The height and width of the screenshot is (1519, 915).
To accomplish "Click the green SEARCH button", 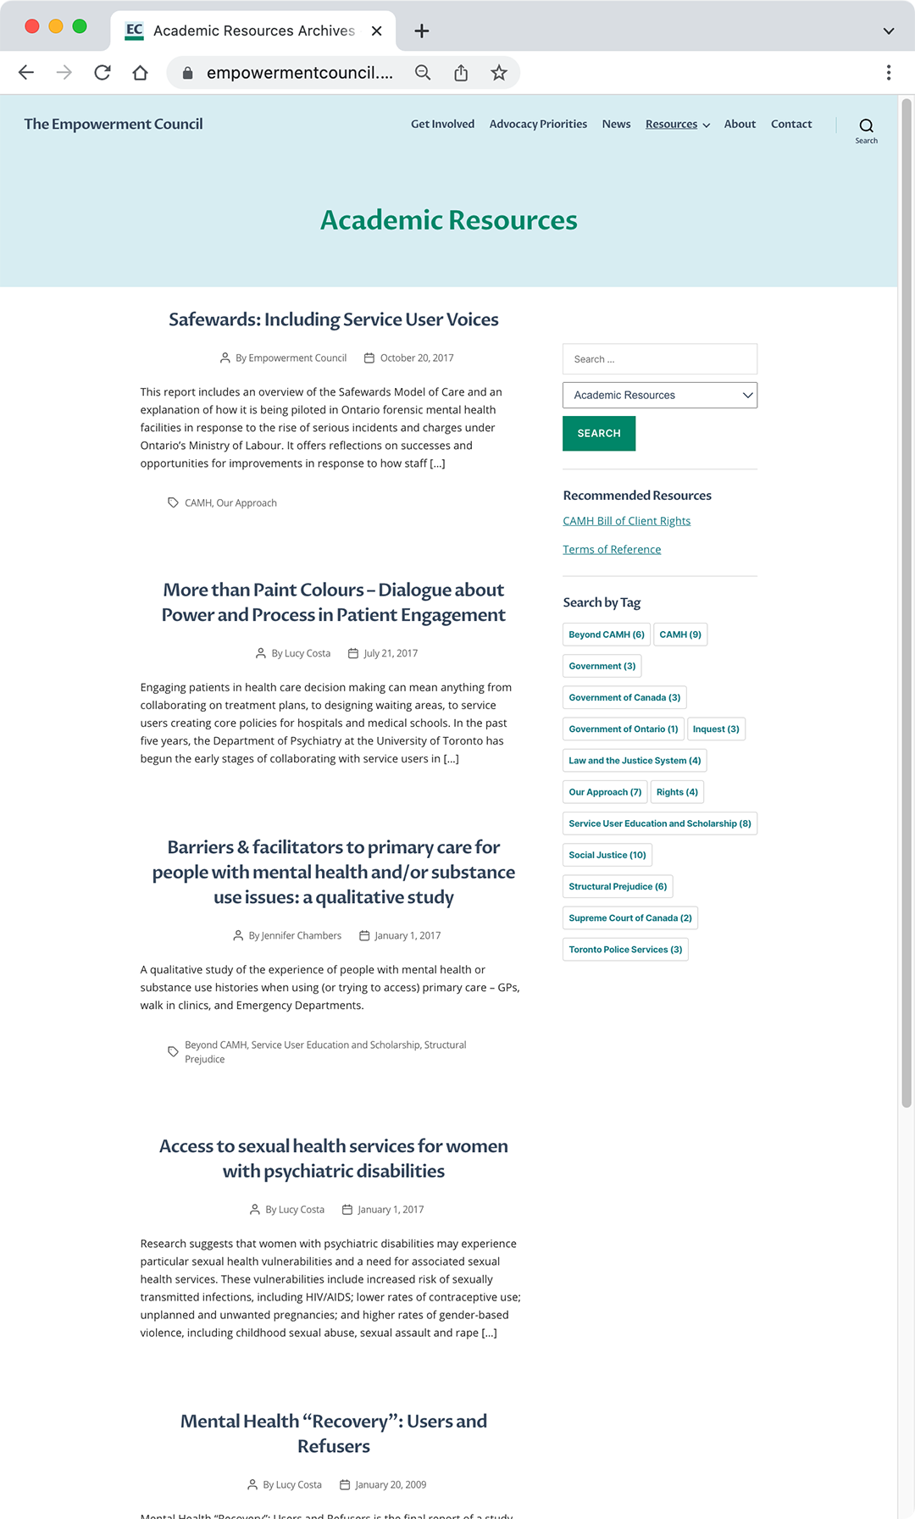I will click(x=598, y=433).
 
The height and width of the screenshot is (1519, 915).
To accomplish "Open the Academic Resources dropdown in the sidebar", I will click(x=659, y=395).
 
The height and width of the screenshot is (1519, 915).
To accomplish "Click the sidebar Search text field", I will click(x=659, y=359).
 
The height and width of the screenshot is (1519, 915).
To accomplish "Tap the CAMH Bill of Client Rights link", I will click(x=626, y=521).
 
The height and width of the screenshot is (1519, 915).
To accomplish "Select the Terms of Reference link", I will click(x=612, y=550).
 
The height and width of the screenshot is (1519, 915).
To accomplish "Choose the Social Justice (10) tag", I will click(x=607, y=855).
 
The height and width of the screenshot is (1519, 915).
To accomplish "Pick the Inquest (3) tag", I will click(x=716, y=729).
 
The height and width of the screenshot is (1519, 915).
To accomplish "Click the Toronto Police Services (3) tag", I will click(x=625, y=950).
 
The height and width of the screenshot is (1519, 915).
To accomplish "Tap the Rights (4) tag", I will click(x=677, y=792).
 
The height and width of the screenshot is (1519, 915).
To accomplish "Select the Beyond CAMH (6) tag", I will click(x=606, y=635).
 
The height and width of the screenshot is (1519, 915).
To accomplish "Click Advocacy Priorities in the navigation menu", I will click(x=538, y=124).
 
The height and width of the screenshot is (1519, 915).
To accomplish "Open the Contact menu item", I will click(x=791, y=124).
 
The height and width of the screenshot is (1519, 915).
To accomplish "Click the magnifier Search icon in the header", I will click(x=866, y=126).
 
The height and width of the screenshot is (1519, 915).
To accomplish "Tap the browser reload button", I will click(x=103, y=73).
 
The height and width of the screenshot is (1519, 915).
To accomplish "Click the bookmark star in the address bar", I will click(x=499, y=73).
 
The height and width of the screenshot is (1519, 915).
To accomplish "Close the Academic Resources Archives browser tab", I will click(x=377, y=30).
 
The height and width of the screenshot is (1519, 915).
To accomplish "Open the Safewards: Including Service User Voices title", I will click(x=333, y=319).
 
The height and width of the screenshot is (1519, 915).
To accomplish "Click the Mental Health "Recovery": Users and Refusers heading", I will click(x=333, y=1433).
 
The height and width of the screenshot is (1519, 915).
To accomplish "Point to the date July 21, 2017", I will click(x=391, y=653).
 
